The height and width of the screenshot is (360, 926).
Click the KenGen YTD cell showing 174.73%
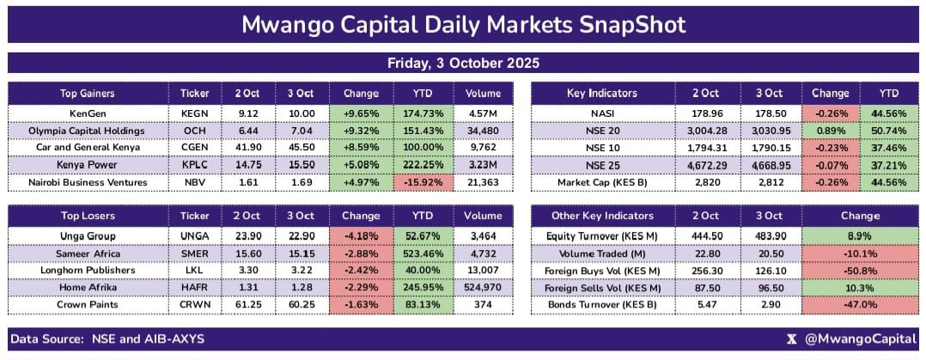[423, 113]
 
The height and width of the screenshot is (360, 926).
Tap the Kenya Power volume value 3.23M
[483, 166]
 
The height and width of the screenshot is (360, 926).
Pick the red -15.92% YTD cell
[423, 183]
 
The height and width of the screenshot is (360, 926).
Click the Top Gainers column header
[88, 94]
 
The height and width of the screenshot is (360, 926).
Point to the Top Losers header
[88, 216]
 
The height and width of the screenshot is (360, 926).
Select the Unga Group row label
[88, 236]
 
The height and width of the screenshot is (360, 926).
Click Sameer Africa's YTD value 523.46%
[423, 253]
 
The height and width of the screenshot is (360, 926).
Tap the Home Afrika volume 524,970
[483, 287]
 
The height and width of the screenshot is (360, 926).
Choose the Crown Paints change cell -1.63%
[361, 304]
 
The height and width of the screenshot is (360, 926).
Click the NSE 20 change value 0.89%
[831, 131]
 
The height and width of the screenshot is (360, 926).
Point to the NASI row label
[602, 113]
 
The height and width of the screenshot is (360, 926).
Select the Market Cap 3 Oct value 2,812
[771, 183]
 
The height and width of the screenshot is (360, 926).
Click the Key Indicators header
[602, 94]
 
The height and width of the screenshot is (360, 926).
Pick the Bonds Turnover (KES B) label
[602, 304]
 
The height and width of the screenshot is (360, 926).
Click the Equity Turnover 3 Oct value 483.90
[771, 236]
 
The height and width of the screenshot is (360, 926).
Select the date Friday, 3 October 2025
[463, 64]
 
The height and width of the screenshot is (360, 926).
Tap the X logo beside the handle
[792, 339]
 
